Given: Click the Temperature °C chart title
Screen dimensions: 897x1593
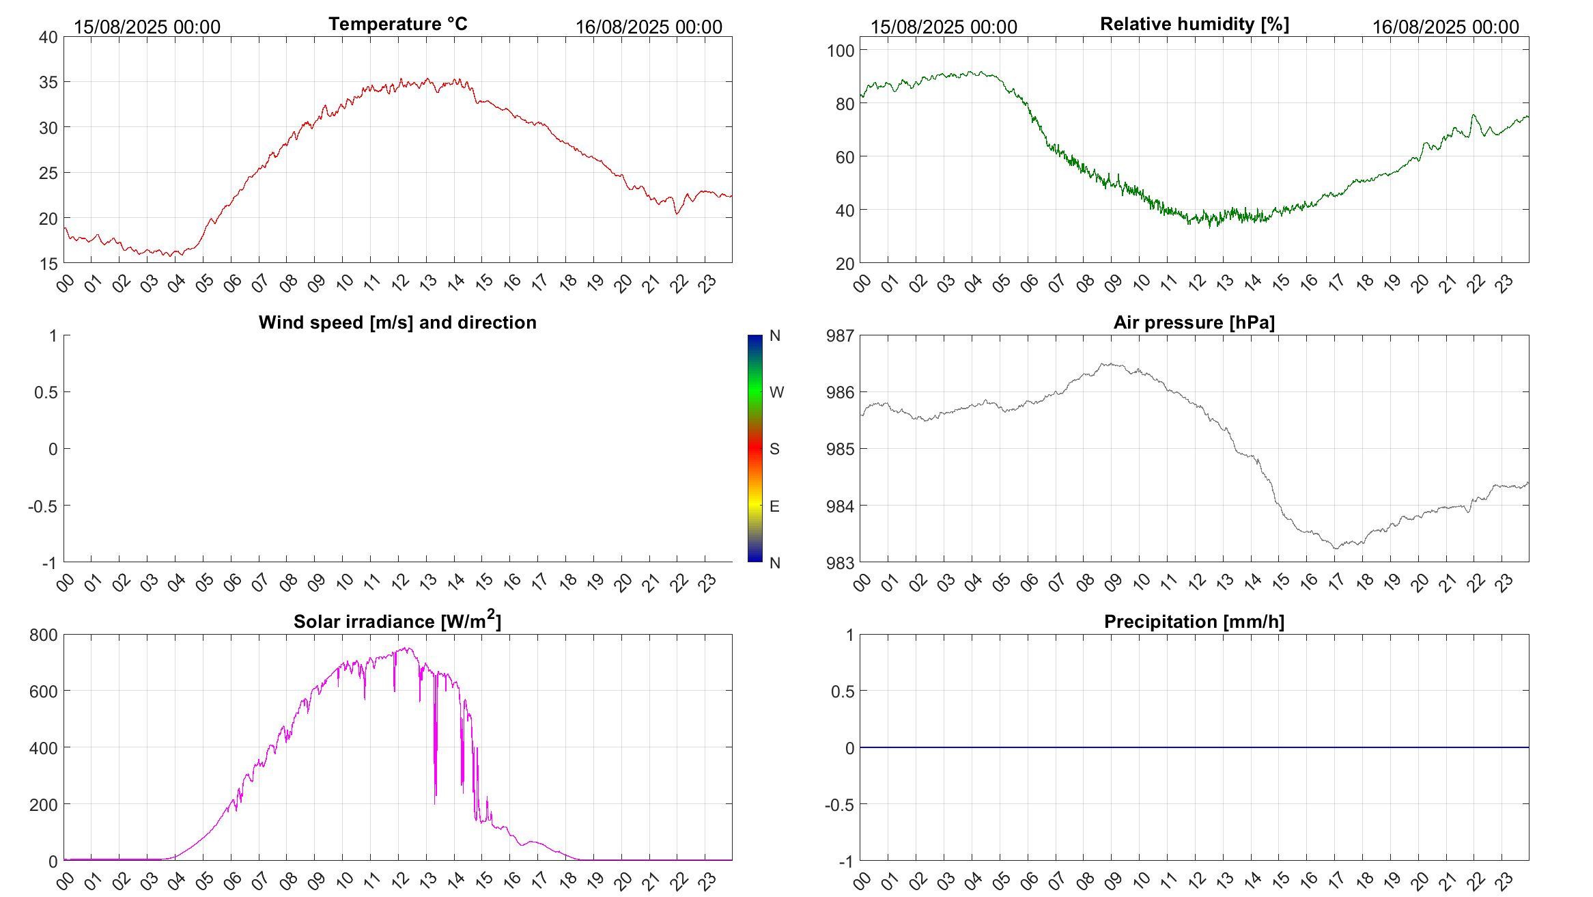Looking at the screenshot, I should coord(397,24).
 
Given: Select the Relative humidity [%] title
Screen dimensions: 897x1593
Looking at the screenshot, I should coord(1194,24).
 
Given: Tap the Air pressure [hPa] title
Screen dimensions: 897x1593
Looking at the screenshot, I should coord(1194,322).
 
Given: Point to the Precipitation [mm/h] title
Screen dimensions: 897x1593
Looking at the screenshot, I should coord(1194,622).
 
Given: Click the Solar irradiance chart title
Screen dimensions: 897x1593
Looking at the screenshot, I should coord(397,621).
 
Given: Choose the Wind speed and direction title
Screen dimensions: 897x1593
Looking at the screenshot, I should coord(397,322).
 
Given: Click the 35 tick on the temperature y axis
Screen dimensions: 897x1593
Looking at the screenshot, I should coord(48,83).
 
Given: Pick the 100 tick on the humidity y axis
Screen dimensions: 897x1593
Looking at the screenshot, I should coord(841,51).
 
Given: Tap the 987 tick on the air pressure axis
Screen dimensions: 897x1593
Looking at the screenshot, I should coord(840,335).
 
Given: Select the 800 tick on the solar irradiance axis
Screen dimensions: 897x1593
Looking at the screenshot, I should coord(44,635).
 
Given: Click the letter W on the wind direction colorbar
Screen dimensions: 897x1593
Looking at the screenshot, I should coord(776,392).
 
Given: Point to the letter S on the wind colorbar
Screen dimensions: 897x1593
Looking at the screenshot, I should coord(774,449).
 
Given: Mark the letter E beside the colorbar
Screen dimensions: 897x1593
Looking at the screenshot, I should coord(774,506).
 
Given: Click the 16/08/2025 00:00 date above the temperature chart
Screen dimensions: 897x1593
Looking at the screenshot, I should coord(649,27).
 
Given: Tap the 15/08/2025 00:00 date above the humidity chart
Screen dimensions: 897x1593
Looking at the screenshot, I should coord(944,27).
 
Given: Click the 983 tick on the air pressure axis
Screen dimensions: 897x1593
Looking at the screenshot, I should coord(840,563).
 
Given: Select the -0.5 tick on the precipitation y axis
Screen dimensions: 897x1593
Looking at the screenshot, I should coord(839,805).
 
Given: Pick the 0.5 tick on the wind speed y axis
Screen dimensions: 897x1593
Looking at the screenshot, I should coord(46,392).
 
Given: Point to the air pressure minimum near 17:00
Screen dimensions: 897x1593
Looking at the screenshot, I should coord(1336,548).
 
